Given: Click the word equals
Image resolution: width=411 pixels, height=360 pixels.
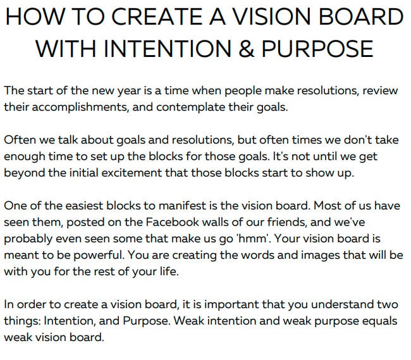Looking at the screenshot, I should pyautogui.click(x=379, y=321).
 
